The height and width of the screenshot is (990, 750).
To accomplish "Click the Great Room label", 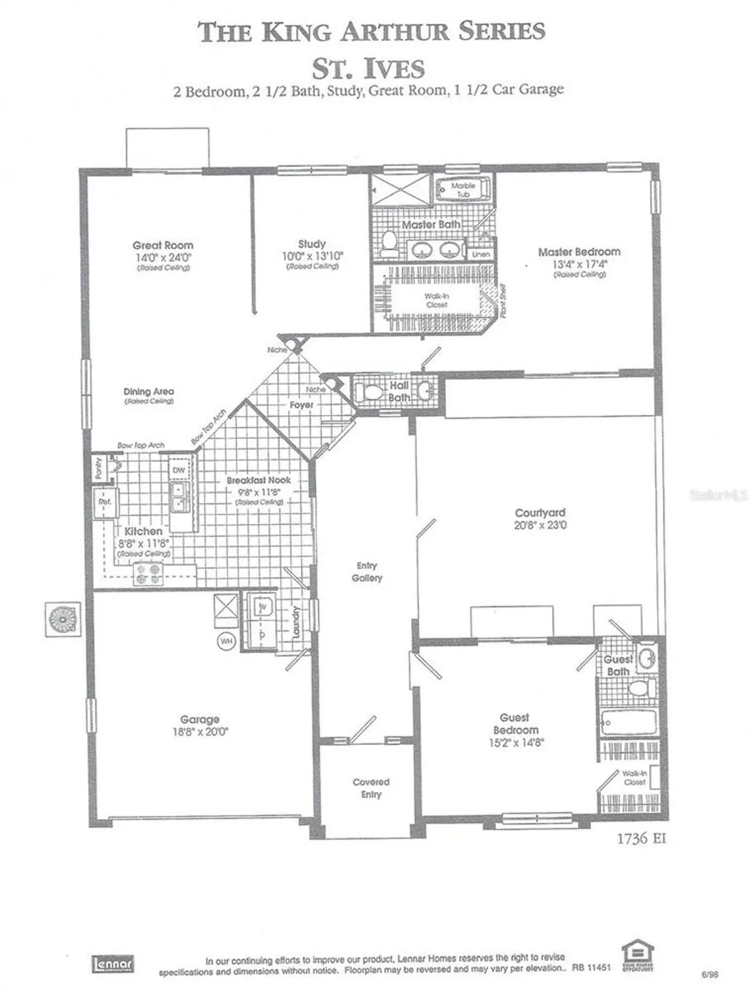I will pyautogui.click(x=163, y=245).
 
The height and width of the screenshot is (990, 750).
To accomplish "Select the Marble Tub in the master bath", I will pyautogui.click(x=463, y=190).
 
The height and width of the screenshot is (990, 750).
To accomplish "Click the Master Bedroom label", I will pyautogui.click(x=578, y=251).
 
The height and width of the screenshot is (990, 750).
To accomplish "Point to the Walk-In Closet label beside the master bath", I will pyautogui.click(x=436, y=301).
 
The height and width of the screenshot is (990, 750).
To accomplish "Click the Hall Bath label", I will pyautogui.click(x=399, y=391).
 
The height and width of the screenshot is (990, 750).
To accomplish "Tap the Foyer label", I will pyautogui.click(x=301, y=405).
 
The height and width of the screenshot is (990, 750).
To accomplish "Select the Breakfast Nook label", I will pyautogui.click(x=259, y=480).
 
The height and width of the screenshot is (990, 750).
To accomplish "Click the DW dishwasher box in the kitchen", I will pyautogui.click(x=179, y=471).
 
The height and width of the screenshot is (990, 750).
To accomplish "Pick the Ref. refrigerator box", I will pyautogui.click(x=104, y=502).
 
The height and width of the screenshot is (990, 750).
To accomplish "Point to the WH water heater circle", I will pyautogui.click(x=226, y=641).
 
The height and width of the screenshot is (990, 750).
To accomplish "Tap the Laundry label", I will pyautogui.click(x=296, y=622).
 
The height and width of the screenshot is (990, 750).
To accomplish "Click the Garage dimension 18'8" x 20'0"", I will pyautogui.click(x=199, y=731).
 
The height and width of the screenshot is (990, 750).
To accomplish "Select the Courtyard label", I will pyautogui.click(x=540, y=512).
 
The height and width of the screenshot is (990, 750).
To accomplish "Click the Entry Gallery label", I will pyautogui.click(x=367, y=572).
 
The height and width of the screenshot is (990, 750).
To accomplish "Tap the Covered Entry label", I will pyautogui.click(x=371, y=788).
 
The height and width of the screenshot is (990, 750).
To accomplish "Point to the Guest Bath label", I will pyautogui.click(x=618, y=665).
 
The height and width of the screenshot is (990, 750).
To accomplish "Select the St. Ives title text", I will pyautogui.click(x=368, y=69).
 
